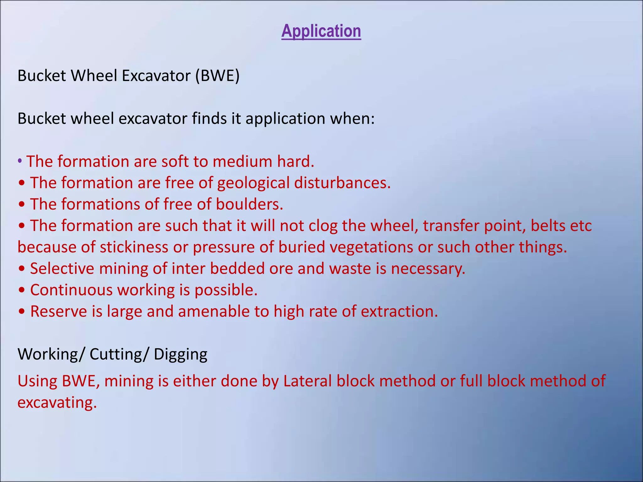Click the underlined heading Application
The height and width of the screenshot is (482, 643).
click(321, 31)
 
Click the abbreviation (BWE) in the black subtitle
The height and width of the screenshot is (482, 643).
click(217, 76)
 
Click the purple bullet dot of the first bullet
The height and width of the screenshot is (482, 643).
click(20, 162)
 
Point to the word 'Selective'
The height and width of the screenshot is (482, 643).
click(62, 269)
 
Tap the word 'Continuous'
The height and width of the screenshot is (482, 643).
click(71, 290)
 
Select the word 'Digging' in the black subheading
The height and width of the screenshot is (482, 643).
click(181, 354)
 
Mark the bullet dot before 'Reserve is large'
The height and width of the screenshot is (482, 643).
click(22, 312)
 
